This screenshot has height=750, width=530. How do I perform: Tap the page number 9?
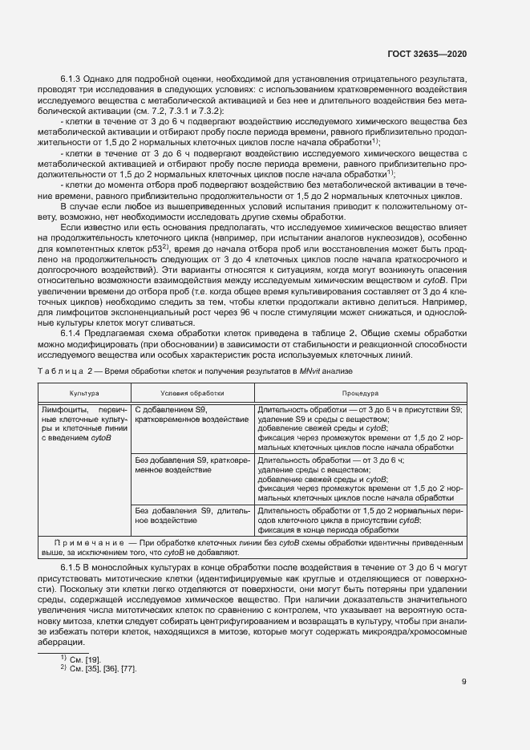(464, 683)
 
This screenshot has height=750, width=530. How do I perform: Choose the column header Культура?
(83, 395)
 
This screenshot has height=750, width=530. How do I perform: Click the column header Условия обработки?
(192, 395)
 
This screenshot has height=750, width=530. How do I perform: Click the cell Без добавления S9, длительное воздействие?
(192, 514)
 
